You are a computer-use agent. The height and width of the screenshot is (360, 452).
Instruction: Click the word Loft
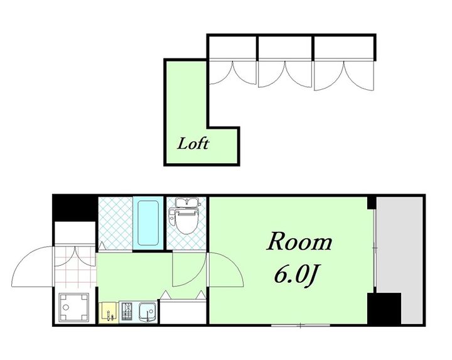coord(193,144)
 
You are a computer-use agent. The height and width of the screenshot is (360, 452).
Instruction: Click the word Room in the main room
coord(300,241)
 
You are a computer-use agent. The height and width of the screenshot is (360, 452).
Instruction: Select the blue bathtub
coord(148,223)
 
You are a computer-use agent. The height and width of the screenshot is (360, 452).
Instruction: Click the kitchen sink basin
coord(148,312)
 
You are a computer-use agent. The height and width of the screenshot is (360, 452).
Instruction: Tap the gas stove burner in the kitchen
coord(127,312)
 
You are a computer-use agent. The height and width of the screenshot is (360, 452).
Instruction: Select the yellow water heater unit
coord(109,312)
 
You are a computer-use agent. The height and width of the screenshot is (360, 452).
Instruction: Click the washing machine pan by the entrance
coord(74,307)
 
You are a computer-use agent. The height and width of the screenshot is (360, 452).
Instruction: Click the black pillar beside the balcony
coord(384,308)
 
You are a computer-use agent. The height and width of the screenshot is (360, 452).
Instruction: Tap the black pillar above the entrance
coord(74,208)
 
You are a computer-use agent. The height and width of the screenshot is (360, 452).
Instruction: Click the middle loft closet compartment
coord(285,47)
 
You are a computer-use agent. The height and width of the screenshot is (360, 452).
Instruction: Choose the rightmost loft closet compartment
coord(344,47)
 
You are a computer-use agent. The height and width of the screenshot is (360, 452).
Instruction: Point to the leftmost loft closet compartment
coord(232,47)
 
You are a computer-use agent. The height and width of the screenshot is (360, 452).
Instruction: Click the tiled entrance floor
coord(75,266)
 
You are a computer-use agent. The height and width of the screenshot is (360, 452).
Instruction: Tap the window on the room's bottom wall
coord(300,325)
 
